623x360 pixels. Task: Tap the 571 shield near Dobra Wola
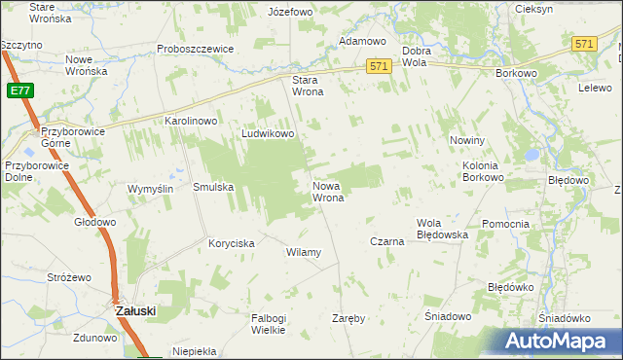(x=380, y=65)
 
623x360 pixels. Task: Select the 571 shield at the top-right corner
(x=584, y=45)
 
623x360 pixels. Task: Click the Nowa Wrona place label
(x=327, y=191)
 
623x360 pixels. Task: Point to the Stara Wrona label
(x=309, y=87)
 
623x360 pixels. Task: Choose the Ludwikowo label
(x=268, y=134)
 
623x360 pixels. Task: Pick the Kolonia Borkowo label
(x=483, y=171)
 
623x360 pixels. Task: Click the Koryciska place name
(x=232, y=243)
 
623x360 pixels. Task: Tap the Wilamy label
(x=303, y=252)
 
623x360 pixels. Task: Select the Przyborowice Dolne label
(x=31, y=171)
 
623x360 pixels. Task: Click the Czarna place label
(x=386, y=240)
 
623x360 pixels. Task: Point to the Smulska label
(x=213, y=187)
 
